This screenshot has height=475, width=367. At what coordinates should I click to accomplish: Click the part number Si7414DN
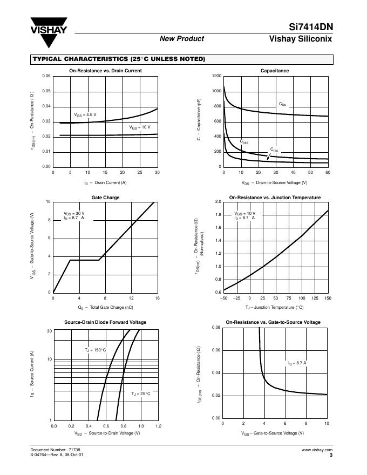[x=312, y=27]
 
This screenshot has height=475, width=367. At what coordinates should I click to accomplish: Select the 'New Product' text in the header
[x=182, y=38]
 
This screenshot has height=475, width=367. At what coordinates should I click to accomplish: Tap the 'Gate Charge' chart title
[x=105, y=198]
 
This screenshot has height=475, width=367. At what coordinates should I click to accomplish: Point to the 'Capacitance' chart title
[x=275, y=71]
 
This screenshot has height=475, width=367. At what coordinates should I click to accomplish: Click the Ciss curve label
[x=282, y=104]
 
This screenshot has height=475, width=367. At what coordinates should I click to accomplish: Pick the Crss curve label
[x=274, y=149]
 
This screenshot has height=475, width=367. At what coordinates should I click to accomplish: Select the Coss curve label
[x=244, y=141]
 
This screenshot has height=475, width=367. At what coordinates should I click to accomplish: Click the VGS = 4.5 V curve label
[x=85, y=115]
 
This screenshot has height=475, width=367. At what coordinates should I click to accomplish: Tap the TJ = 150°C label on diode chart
[x=95, y=350]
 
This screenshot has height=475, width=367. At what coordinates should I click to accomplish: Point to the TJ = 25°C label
[x=141, y=394]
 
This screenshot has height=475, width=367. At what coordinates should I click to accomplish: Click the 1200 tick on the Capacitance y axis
[x=216, y=76]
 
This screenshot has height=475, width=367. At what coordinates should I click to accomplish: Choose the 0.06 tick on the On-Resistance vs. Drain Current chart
[x=46, y=76]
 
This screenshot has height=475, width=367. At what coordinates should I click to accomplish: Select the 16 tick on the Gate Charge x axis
[x=157, y=298]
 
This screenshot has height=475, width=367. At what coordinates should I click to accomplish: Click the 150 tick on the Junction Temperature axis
[x=328, y=298]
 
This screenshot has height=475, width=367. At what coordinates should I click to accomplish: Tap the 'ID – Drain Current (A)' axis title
[x=105, y=183]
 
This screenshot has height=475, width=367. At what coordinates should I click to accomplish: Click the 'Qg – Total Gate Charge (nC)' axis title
[x=105, y=307]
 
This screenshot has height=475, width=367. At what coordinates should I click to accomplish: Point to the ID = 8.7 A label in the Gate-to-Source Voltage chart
[x=297, y=363]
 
